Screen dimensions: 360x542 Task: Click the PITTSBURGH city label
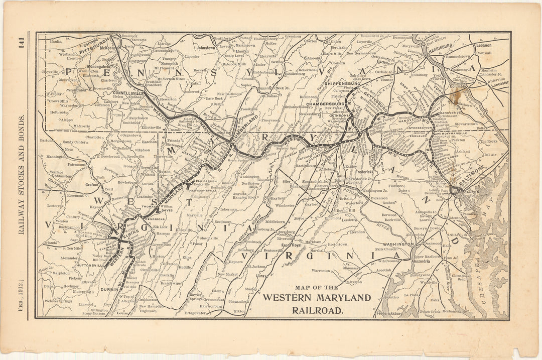pyautogui.click(x=96, y=44)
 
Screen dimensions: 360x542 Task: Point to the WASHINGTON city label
pyautogui.click(x=398, y=244)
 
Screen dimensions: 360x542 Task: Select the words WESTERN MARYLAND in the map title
pyautogui.click(x=317, y=297)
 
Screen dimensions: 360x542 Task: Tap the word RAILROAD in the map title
pyautogui.click(x=318, y=310)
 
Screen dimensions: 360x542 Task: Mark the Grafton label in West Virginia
pyautogui.click(x=92, y=184)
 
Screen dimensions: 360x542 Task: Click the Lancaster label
pyautogui.click(x=499, y=84)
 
